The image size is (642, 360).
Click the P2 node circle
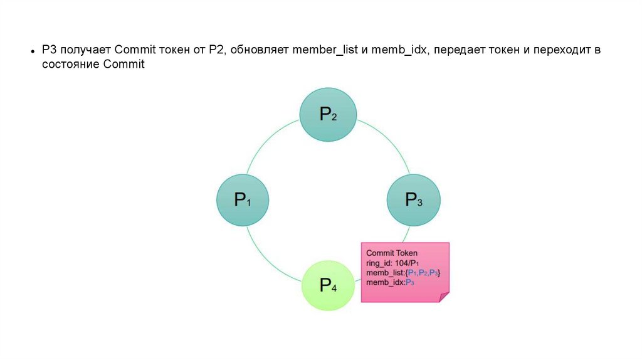pos(329,114)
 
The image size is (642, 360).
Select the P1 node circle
pos(243,200)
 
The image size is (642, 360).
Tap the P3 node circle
pos(414,200)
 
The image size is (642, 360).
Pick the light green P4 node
pos(329,286)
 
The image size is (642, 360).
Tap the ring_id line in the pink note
pos(392,263)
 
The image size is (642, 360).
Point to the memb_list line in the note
pos(404,273)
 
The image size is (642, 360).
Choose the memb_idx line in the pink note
pos(391,283)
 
